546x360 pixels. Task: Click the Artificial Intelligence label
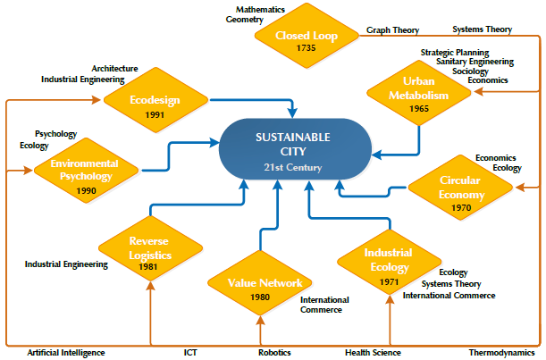(66, 353)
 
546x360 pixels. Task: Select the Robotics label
(274, 353)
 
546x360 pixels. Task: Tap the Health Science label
(373, 353)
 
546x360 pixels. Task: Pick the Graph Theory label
(393, 29)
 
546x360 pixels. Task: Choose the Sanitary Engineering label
(475, 62)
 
